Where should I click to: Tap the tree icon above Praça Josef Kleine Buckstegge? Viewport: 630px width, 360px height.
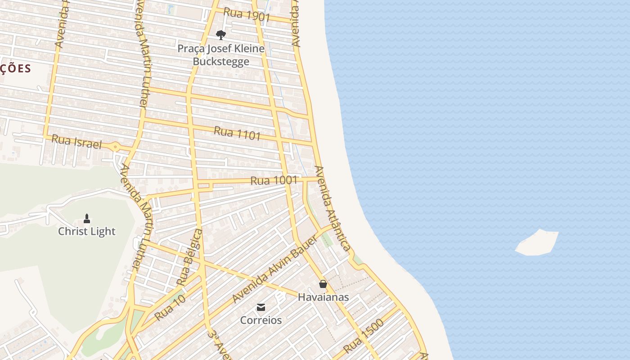(x=220, y=35)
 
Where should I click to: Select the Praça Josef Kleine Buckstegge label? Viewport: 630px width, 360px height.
(x=220, y=55)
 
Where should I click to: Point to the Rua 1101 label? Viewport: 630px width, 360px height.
(x=237, y=133)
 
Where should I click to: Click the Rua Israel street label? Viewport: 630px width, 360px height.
(x=76, y=142)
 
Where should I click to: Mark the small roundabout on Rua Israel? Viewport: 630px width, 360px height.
(x=116, y=147)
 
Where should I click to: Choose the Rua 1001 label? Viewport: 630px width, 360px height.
(x=274, y=180)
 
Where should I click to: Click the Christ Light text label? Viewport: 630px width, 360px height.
(x=87, y=231)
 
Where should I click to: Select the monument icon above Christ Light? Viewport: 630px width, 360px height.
(x=87, y=219)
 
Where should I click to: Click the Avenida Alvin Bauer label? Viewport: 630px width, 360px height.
(x=274, y=269)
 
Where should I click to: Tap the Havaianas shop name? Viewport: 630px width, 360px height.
(x=323, y=297)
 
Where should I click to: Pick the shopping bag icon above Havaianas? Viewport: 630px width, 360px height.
(x=323, y=284)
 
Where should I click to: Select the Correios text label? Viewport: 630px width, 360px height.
(x=261, y=320)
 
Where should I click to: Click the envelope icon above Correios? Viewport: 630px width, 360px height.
(x=261, y=307)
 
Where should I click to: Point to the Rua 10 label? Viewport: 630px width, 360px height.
(x=170, y=308)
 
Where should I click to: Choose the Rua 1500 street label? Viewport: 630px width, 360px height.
(x=364, y=336)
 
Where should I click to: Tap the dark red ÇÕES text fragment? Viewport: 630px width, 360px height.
(x=16, y=69)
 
